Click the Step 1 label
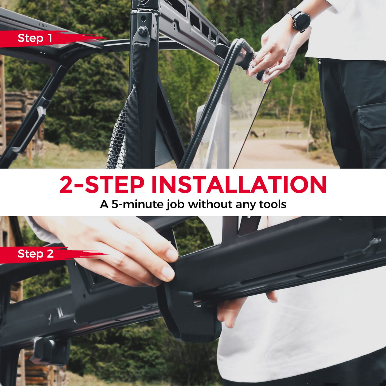pos(35,38)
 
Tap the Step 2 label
pos(36,254)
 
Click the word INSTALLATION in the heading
pos(239,185)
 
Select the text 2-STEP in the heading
pos(102,185)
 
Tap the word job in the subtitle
pos(176,205)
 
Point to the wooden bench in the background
pos(293,133)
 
